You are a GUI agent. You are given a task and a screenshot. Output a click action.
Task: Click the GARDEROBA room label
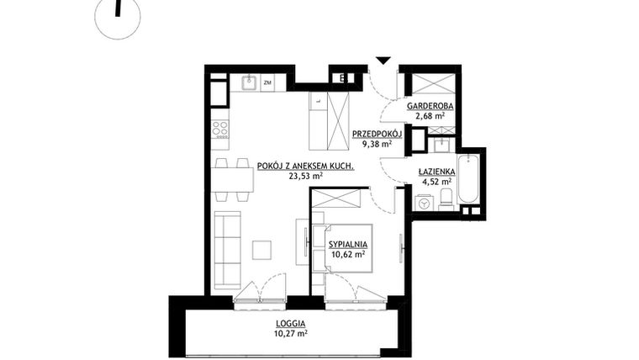click(x=430, y=107)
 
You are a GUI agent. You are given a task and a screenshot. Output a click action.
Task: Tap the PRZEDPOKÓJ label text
click(x=377, y=134)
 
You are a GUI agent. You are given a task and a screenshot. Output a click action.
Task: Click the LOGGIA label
click(x=289, y=323)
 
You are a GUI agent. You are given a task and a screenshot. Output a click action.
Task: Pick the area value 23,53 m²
click(x=306, y=177)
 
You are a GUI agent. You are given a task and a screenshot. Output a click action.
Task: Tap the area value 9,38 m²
click(x=377, y=144)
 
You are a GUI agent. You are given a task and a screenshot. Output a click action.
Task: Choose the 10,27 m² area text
click(x=290, y=333)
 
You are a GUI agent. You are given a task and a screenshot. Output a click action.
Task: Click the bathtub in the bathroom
click(x=467, y=178)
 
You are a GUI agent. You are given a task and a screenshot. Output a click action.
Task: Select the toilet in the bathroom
click(x=446, y=199)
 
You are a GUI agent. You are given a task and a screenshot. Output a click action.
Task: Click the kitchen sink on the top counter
click(x=249, y=82)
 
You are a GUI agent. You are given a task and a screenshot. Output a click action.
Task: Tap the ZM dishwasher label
click(x=267, y=82)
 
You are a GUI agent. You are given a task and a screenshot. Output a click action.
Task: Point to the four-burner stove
click(x=219, y=128)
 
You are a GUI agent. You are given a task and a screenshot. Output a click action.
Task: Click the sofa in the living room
click(x=226, y=250)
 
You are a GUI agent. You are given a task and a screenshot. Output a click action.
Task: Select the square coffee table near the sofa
click(x=262, y=250)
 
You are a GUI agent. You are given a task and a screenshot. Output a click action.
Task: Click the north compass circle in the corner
click(x=118, y=17)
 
